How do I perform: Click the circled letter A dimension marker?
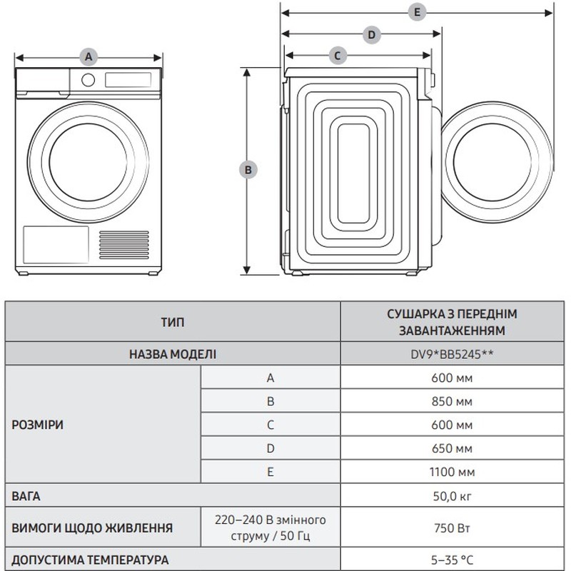pos(89,57)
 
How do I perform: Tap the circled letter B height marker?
pos(248,170)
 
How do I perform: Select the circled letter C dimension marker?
pos(337,56)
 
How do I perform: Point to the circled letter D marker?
pos(371,35)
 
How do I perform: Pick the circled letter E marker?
pos(417,12)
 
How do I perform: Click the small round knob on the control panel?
pos(88,80)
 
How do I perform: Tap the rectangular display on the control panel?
pos(128,80)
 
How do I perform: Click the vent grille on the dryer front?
pos(124,245)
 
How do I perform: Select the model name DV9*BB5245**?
pos(452,354)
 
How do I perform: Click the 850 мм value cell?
pos(452,401)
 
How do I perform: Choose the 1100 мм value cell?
pos(452,472)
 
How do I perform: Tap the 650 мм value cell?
pos(452,448)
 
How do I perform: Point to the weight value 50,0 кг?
pos(452,496)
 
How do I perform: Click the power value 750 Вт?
pos(452,527)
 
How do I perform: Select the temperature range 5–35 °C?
pos(452,560)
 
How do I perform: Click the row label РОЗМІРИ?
pos(38,425)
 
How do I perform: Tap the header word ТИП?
pos(173,322)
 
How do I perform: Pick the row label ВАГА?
pos(26,496)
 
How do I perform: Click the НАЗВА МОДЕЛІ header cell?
pos(173,354)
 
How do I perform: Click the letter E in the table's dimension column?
pos(271,472)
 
